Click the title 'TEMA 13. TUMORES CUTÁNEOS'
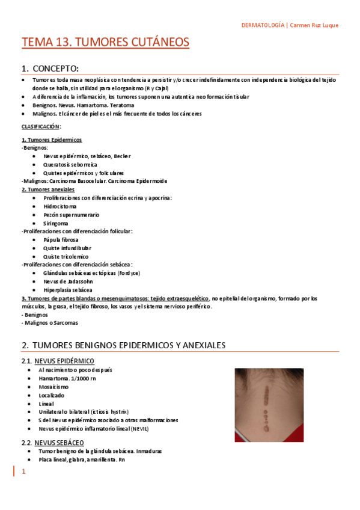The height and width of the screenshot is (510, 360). (x=105, y=42)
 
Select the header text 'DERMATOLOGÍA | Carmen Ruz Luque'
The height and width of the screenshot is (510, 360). (x=290, y=25)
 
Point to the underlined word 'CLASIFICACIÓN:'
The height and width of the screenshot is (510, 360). (x=41, y=126)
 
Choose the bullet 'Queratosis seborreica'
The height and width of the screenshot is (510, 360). (x=70, y=164)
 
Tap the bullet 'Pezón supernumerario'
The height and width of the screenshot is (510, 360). (x=71, y=215)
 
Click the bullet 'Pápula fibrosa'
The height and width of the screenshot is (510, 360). (x=61, y=239)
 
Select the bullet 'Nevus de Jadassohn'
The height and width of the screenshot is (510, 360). (x=69, y=281)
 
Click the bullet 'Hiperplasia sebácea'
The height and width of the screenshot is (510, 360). (x=68, y=289)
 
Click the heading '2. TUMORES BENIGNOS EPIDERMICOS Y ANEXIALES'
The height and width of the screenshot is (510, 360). (x=123, y=345)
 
